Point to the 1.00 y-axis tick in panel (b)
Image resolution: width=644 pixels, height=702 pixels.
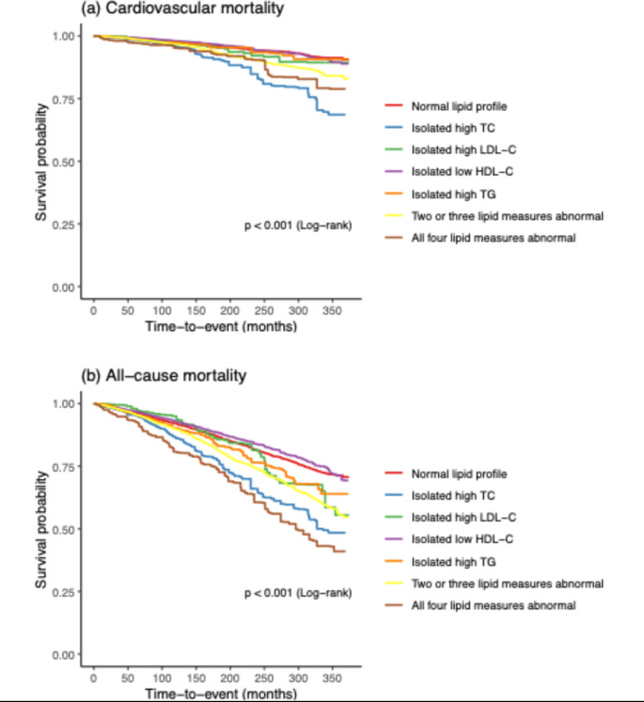coord(67,403)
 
